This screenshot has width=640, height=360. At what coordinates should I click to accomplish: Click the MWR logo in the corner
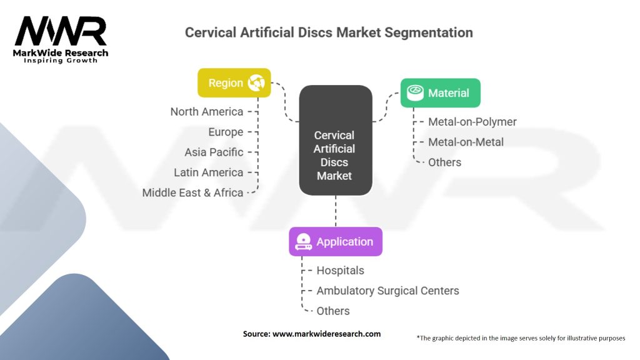61,39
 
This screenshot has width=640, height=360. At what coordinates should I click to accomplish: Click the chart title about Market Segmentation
329,32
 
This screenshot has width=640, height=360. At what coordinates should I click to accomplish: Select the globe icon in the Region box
257,82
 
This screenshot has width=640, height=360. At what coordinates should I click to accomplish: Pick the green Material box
440,93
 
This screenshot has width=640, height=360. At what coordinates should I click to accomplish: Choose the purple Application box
336,242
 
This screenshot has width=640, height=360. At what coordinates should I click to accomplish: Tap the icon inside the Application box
303,242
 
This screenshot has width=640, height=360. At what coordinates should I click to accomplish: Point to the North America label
207,112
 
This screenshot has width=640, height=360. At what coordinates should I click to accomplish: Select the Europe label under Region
226,132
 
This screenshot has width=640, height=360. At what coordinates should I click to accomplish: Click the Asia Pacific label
214,152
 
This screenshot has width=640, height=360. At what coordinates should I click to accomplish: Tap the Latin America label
208,172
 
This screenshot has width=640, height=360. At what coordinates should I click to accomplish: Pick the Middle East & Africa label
192,192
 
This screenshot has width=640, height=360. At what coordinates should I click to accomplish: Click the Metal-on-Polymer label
472,122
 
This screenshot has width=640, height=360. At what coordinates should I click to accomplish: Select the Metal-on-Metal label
466,142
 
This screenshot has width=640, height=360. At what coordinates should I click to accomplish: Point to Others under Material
444,162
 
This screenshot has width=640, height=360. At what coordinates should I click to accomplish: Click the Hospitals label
340,271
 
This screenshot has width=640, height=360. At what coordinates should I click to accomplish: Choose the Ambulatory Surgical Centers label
387,291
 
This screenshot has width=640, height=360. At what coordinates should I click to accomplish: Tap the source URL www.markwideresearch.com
327,334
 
